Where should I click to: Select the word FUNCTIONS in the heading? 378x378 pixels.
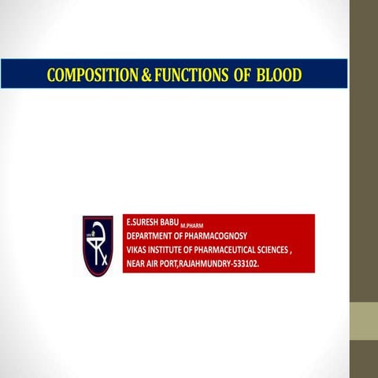(x=183, y=76)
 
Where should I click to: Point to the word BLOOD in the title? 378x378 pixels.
(x=280, y=76)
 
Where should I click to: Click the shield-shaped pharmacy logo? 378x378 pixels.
(x=98, y=246)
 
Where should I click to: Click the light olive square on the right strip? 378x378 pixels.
(x=364, y=321)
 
